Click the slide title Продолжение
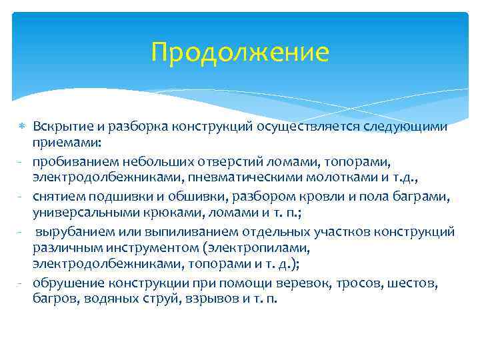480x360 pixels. click(240, 52)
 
